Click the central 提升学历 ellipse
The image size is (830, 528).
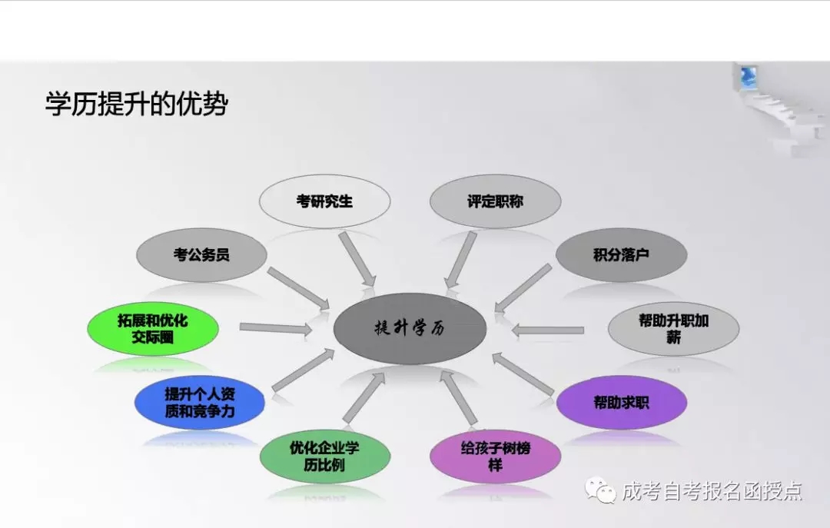(410, 328)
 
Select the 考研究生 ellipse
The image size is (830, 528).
(324, 201)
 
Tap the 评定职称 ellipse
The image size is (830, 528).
(495, 201)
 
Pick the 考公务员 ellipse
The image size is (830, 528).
(201, 254)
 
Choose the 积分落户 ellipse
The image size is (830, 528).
(621, 254)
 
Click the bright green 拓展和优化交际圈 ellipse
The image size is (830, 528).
(152, 328)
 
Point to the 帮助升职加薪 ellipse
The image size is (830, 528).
(673, 328)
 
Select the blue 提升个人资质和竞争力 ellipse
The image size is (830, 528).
(199, 403)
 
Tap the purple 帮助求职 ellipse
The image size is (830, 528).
(622, 403)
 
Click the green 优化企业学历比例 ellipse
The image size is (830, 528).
(324, 456)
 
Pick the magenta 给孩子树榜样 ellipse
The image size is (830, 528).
(495, 456)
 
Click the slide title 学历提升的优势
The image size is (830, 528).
(137, 103)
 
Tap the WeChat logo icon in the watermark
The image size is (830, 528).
(599, 490)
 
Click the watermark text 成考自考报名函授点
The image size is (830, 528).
(712, 491)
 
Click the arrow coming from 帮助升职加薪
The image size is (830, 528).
(548, 330)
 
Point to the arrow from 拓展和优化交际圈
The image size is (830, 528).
(276, 328)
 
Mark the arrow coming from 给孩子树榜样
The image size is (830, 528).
(460, 397)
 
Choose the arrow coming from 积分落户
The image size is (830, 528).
(523, 289)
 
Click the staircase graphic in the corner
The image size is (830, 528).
(781, 108)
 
